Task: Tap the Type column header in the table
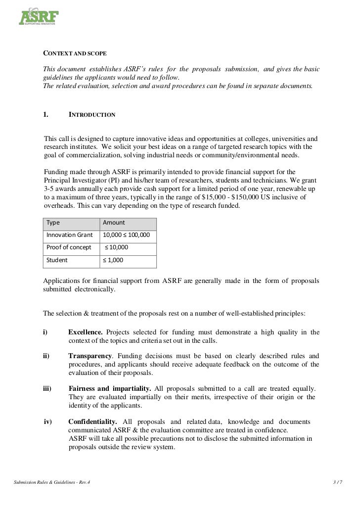point(53,223)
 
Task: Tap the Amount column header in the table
point(114,223)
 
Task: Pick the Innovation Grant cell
point(70,235)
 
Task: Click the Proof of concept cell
point(69,247)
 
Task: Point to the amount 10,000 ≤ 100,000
point(126,235)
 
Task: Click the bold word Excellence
point(86,332)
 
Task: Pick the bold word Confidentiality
point(92,421)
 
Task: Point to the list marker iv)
point(48,421)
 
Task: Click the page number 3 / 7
point(338,482)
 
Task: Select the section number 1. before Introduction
point(45,115)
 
